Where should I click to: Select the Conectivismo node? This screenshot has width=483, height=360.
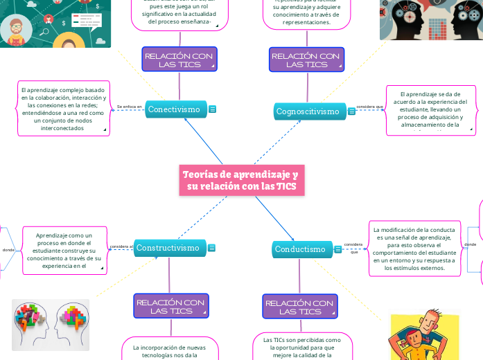[174, 109]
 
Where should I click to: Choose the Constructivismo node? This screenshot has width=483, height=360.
[168, 248]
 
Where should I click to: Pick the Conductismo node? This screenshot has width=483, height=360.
[299, 249]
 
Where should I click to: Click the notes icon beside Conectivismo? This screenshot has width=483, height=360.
[212, 109]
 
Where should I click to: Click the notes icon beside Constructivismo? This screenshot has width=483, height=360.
[211, 248]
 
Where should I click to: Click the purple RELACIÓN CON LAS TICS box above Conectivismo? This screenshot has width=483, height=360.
[179, 60]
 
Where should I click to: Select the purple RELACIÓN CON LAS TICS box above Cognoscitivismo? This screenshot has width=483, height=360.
[306, 60]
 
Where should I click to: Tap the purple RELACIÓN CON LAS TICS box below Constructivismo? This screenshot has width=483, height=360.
[170, 307]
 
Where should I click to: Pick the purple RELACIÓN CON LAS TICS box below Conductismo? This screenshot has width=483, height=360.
[300, 307]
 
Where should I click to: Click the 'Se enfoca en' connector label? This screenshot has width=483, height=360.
[129, 107]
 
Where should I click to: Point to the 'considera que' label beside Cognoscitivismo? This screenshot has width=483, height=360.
[369, 107]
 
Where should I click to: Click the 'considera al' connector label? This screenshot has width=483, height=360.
[121, 246]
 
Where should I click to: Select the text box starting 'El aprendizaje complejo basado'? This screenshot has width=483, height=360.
[62, 109]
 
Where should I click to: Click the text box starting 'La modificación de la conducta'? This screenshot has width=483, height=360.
[414, 249]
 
